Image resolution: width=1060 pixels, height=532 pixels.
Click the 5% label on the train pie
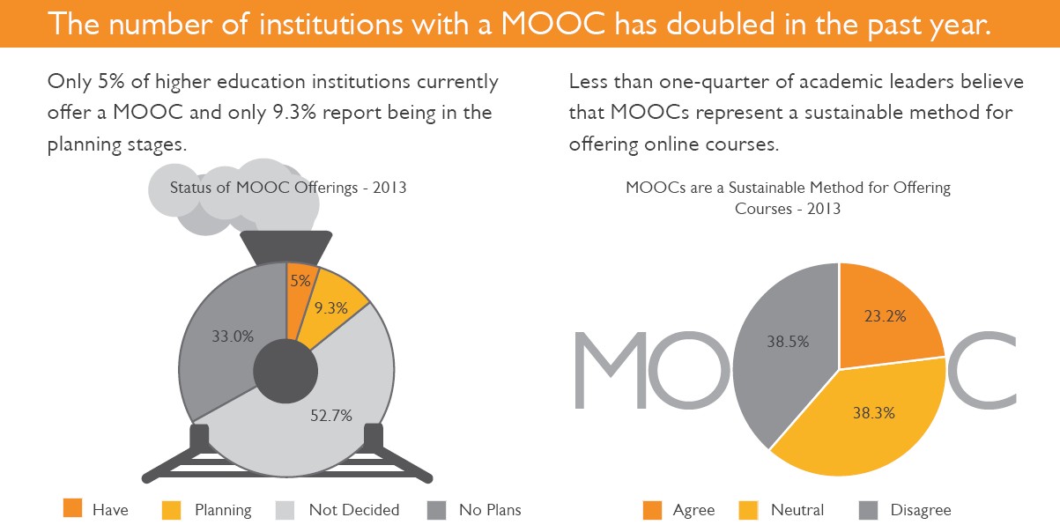tap(300, 281)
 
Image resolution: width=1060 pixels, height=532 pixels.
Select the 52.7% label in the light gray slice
tap(331, 416)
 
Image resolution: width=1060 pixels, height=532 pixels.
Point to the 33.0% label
tap(233, 336)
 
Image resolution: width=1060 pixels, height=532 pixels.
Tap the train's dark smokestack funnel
tap(286, 248)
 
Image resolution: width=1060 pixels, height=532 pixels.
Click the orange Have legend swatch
tap(73, 508)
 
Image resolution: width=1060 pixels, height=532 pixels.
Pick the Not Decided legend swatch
tap(285, 508)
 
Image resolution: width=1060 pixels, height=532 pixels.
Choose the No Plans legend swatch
tap(436, 508)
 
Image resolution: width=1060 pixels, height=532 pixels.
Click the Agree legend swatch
tap(652, 509)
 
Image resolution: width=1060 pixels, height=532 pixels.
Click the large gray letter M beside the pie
tap(617, 370)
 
